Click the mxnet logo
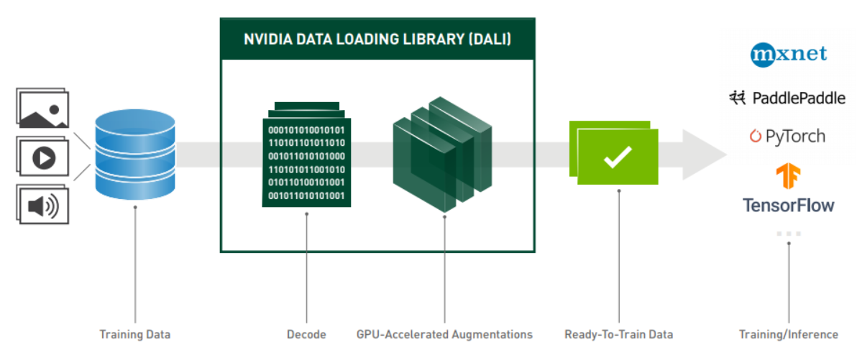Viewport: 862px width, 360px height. [789, 55]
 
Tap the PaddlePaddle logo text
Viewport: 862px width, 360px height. [797, 98]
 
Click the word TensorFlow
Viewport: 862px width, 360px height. [789, 206]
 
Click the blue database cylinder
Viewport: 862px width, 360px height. [135, 154]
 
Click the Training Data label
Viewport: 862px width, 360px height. [135, 334]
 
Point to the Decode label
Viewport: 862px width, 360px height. [306, 334]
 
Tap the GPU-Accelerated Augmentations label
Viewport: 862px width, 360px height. [444, 334]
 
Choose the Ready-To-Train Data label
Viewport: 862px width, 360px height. [618, 334]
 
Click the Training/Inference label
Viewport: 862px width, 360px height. [789, 334]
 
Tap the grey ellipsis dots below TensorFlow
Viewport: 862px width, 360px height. [789, 234]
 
